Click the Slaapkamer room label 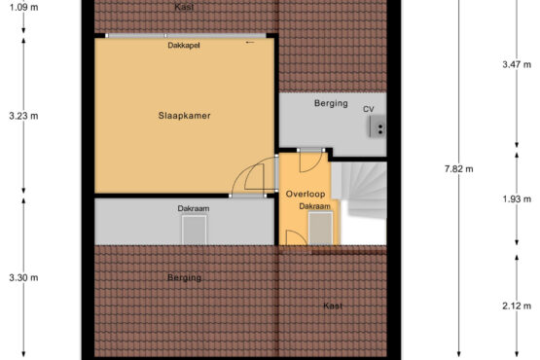pyautogui.click(x=184, y=116)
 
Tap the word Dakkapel pyautogui.click(x=184, y=45)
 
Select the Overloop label pyautogui.click(x=306, y=194)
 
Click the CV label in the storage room pyautogui.click(x=369, y=109)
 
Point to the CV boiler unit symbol pyautogui.click(x=378, y=126)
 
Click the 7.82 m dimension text pyautogui.click(x=458, y=168)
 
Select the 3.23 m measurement pyautogui.click(x=23, y=116)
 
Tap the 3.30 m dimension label pyautogui.click(x=23, y=277)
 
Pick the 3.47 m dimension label pyautogui.click(x=517, y=64)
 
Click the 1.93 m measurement pyautogui.click(x=517, y=198)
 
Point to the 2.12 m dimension pyautogui.click(x=517, y=306)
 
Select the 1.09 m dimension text pyautogui.click(x=23, y=7)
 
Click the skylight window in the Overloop pyautogui.click(x=320, y=228)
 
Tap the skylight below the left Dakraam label pyautogui.click(x=195, y=230)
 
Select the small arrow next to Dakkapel pyautogui.click(x=250, y=43)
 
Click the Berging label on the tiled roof pyautogui.click(x=184, y=277)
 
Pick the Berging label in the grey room pyautogui.click(x=331, y=103)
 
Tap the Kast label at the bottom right pyautogui.click(x=333, y=306)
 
